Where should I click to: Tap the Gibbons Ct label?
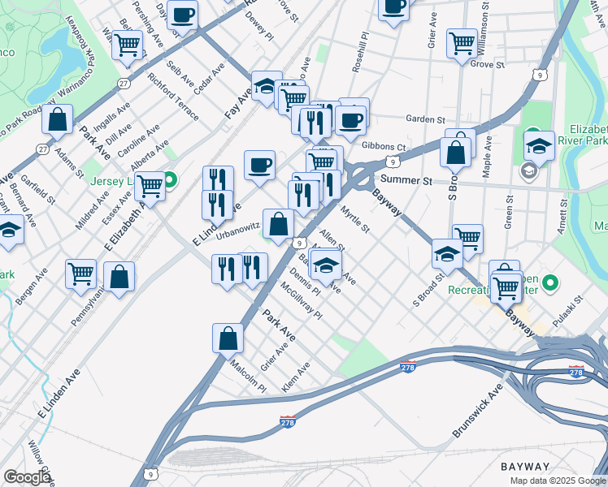384,147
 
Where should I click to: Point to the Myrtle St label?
355,219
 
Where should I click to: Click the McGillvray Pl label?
302,300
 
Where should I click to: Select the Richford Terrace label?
173,97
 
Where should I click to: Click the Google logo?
27,477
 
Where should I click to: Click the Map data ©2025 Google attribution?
557,481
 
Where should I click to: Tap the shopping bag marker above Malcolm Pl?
228,338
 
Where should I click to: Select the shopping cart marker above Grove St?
462,42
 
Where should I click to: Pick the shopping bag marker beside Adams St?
58,119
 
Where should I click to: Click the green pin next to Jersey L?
171,179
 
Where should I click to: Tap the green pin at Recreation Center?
550,283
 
